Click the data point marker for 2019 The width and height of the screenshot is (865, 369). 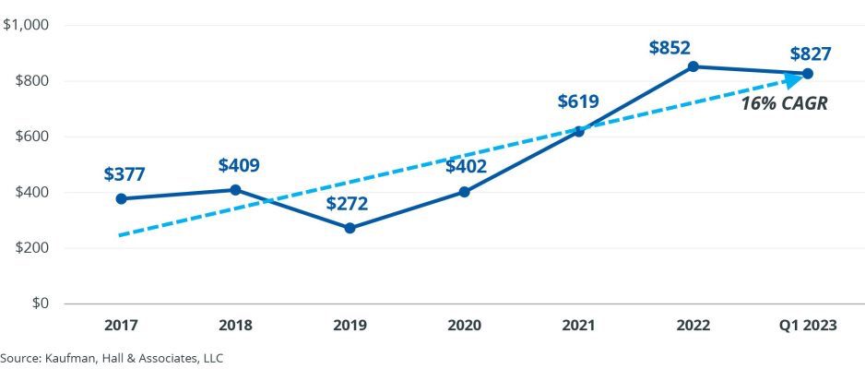pyautogui.click(x=350, y=228)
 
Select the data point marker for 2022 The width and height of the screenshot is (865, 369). pyautogui.click(x=693, y=66)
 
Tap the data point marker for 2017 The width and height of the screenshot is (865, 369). pyautogui.click(x=121, y=198)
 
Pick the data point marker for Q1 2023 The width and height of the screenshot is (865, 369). pyautogui.click(x=807, y=73)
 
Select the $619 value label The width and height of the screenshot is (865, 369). pyautogui.click(x=578, y=101)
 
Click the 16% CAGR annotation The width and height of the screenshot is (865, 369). pyautogui.click(x=785, y=104)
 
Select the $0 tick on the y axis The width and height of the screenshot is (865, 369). pyautogui.click(x=41, y=304)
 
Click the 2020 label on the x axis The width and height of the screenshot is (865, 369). pyautogui.click(x=464, y=325)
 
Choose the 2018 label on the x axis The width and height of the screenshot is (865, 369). pyautogui.click(x=235, y=325)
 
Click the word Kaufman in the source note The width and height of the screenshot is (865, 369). pyautogui.click(x=69, y=357)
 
